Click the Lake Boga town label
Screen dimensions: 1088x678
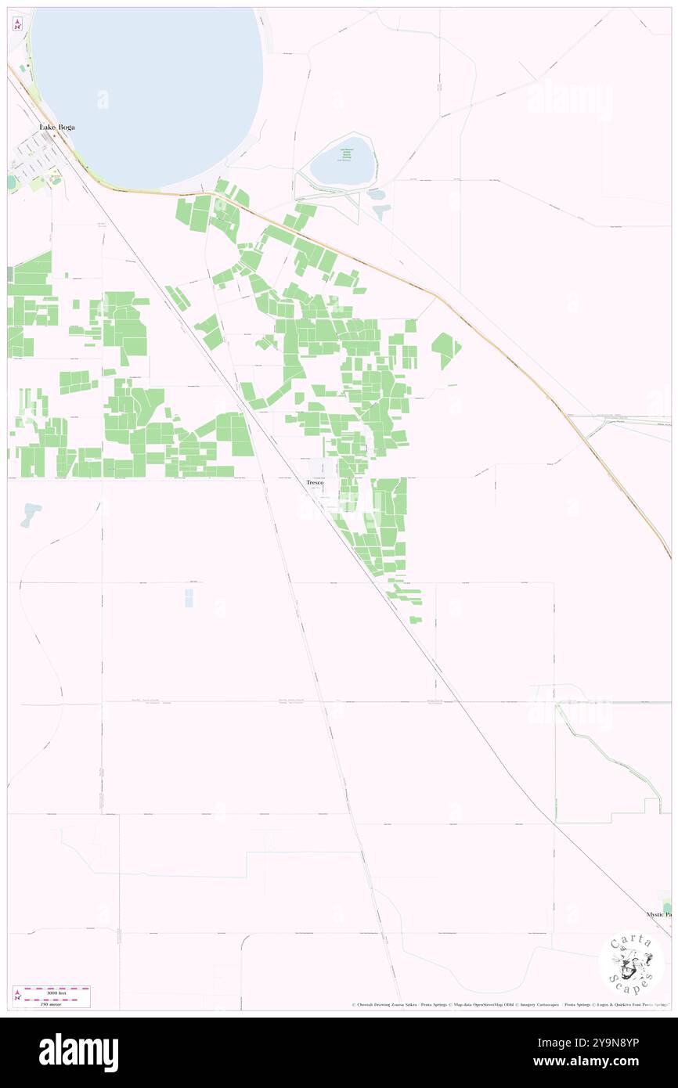tap(57, 127)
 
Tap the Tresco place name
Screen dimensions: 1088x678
tap(315, 483)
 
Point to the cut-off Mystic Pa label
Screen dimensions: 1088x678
tap(658, 914)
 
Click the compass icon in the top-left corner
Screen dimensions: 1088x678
tap(17, 24)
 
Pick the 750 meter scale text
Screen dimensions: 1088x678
tap(51, 1003)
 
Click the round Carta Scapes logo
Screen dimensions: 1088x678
tap(631, 963)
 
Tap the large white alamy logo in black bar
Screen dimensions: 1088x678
tap(78, 1053)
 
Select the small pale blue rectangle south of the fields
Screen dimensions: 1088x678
tap(189, 598)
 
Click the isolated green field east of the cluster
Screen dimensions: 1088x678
tap(445, 349)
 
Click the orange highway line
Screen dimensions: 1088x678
tap(438, 297)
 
